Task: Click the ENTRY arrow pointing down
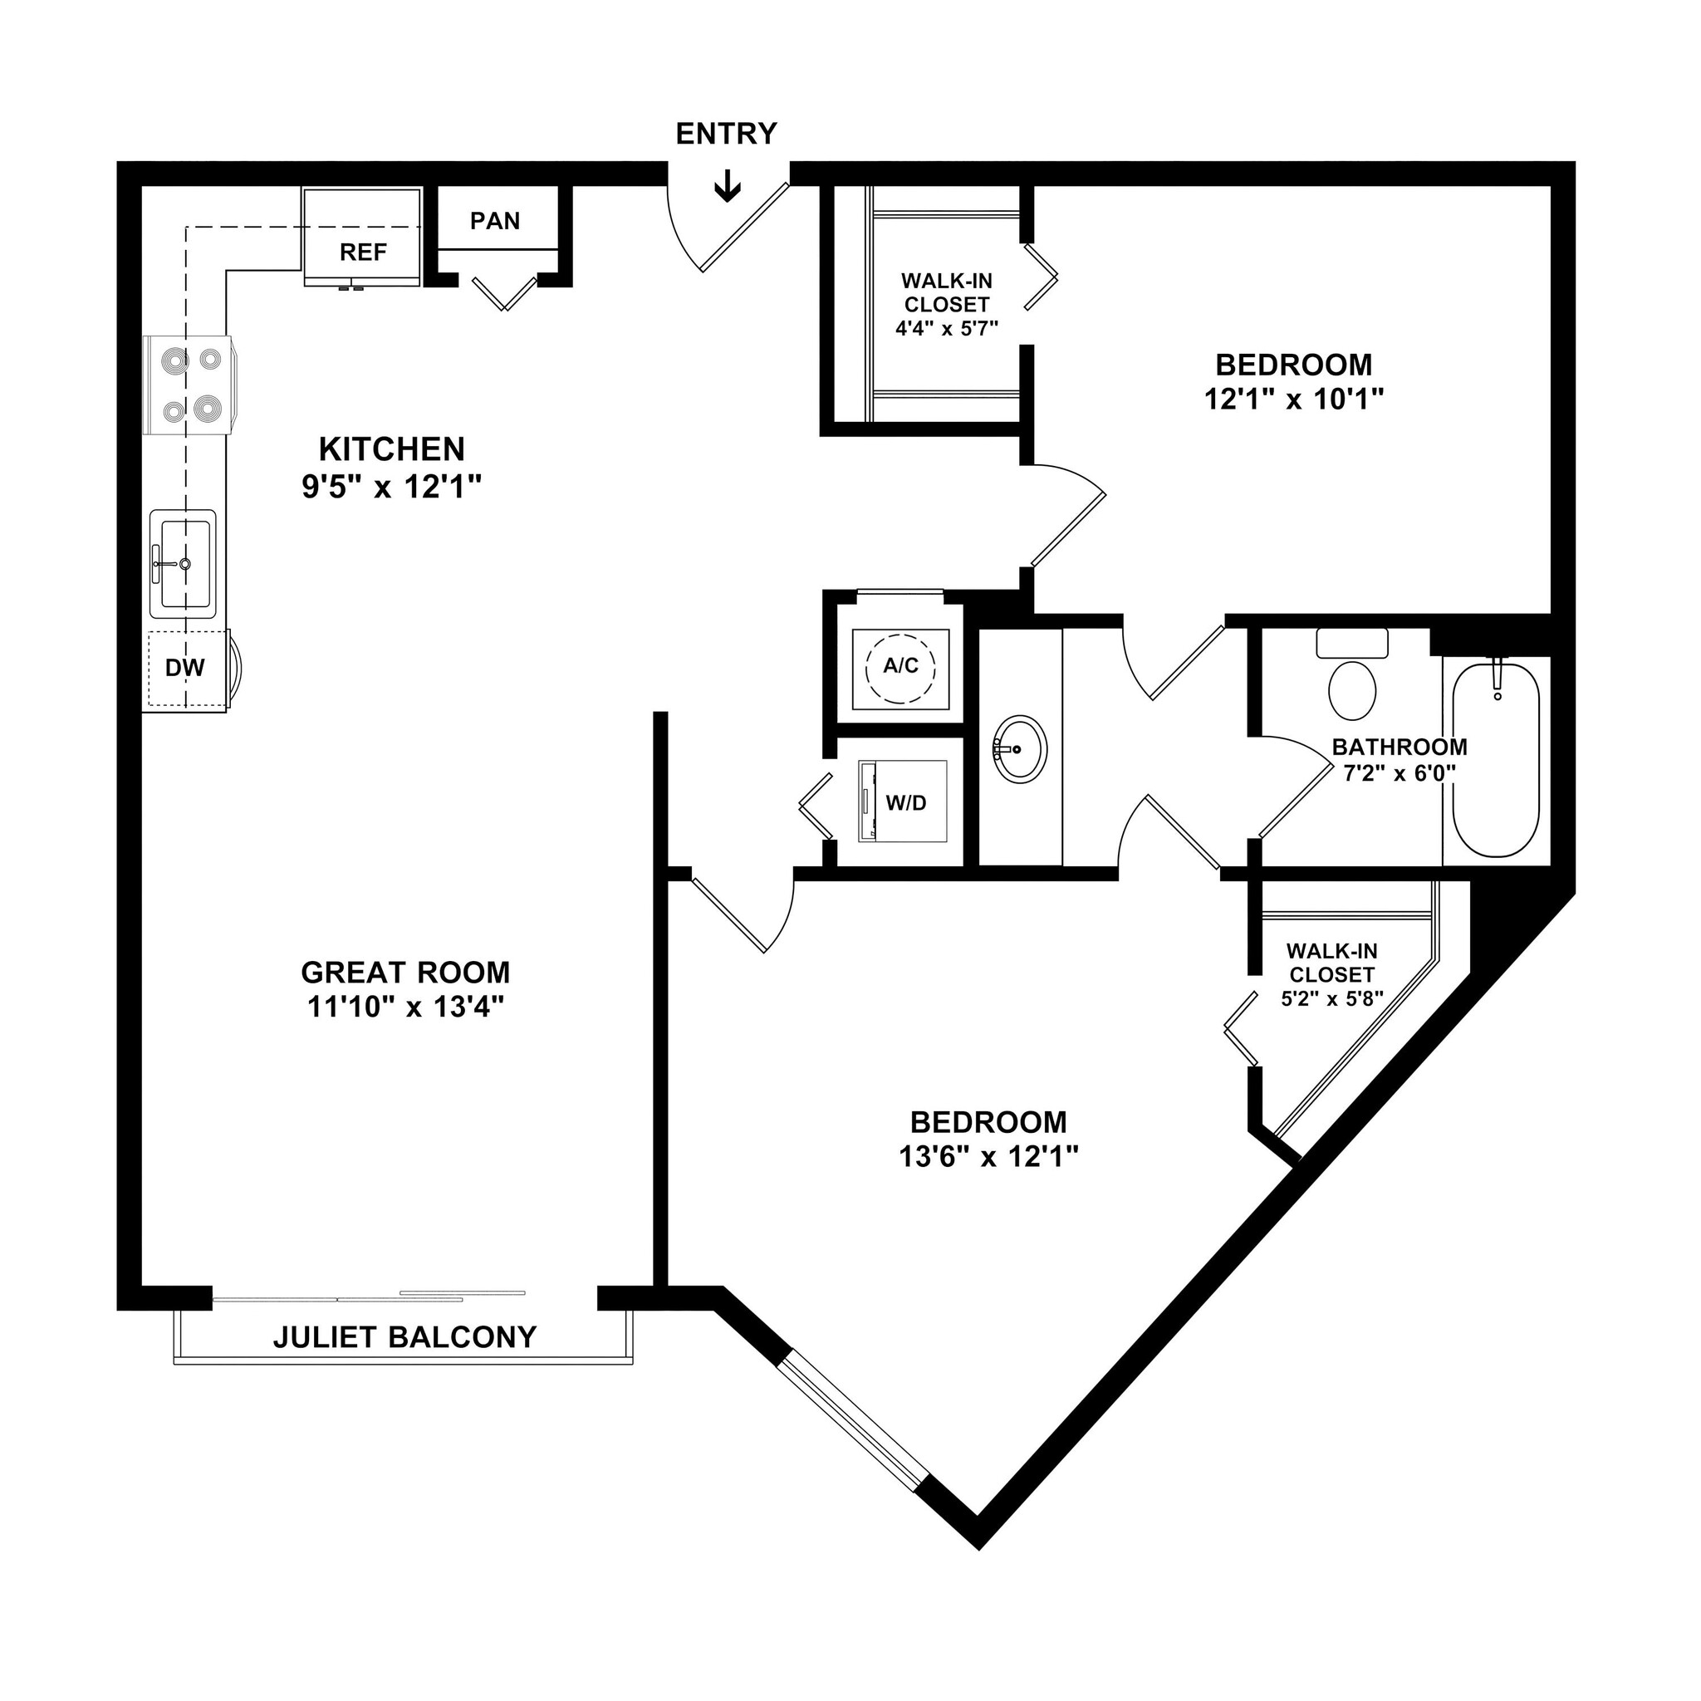[728, 186]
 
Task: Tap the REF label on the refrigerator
[363, 252]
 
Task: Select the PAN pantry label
[495, 220]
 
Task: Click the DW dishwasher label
[185, 669]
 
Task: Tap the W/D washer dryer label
[906, 803]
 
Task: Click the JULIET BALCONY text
[404, 1337]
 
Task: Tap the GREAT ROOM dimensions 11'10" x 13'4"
[405, 1007]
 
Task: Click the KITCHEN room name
[392, 450]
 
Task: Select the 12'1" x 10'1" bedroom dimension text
[1293, 400]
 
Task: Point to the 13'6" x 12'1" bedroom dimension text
[988, 1156]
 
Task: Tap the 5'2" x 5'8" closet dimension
[1332, 999]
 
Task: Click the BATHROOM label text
[1399, 748]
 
